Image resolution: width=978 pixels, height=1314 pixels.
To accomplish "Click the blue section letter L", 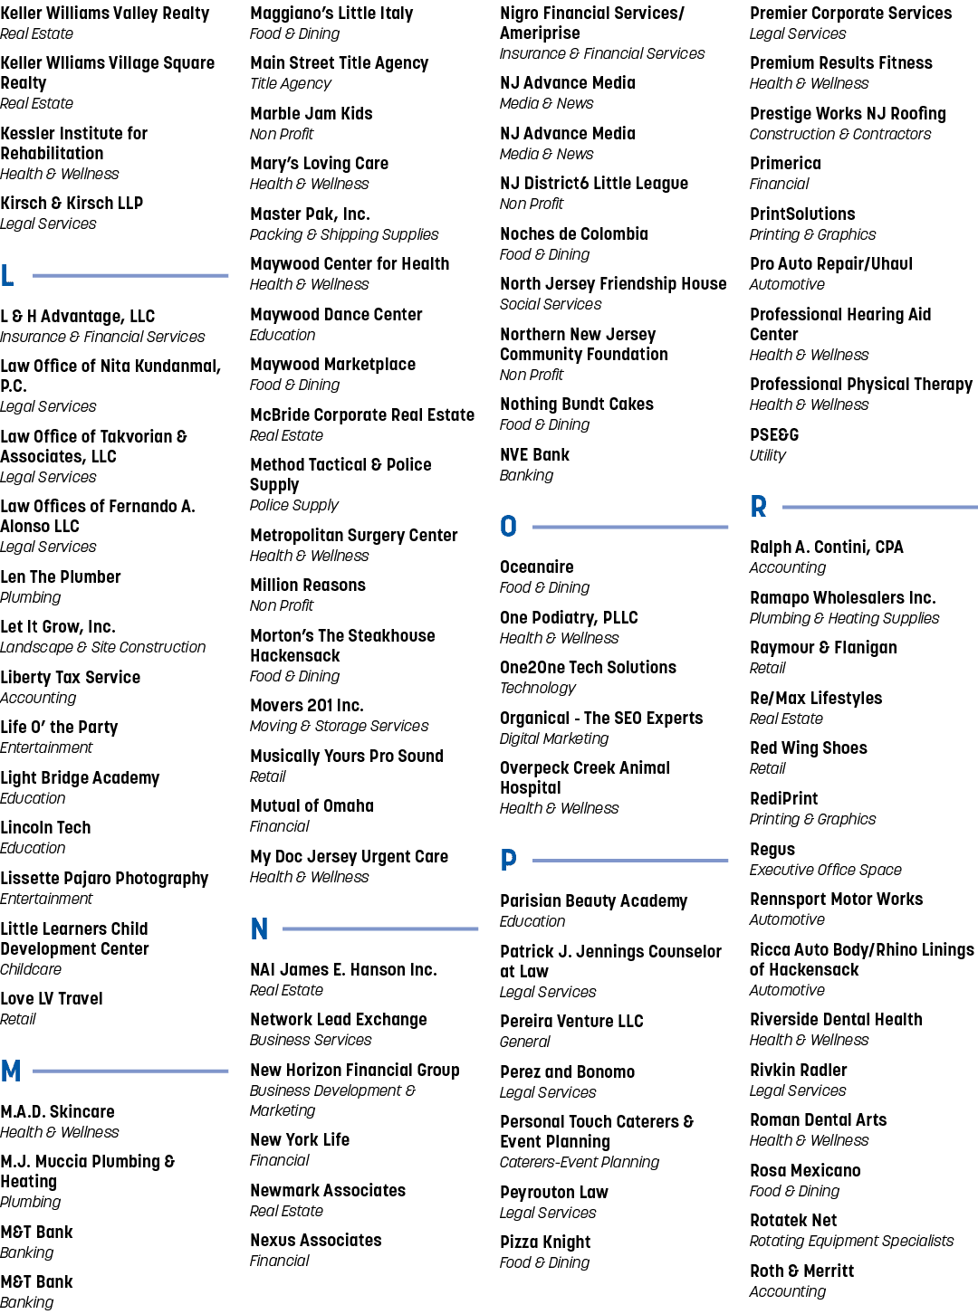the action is tap(7, 275).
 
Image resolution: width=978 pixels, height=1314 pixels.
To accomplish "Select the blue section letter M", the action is tap(11, 1071).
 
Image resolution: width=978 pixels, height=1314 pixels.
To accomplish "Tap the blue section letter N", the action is tap(259, 928).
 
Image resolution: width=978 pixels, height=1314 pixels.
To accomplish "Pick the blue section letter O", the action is tap(508, 526).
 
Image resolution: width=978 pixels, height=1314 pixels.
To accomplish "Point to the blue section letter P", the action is tap(508, 860).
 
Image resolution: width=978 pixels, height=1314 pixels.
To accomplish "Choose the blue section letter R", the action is tap(758, 507).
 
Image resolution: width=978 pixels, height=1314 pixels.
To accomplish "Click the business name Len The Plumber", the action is tap(61, 576).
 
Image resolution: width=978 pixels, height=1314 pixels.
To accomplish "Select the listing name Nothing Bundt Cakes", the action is tap(577, 404).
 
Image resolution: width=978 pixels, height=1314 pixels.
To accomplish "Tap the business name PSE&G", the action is tap(774, 434).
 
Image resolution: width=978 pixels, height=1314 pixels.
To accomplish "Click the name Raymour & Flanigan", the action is tap(823, 648).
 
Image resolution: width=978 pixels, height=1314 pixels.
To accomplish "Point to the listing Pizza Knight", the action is tap(545, 1242).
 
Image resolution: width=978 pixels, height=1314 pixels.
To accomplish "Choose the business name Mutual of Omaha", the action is tap(312, 805).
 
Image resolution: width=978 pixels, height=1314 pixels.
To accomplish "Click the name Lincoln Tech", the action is tap(45, 827).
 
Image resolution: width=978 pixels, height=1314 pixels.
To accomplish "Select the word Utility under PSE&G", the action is tap(767, 455).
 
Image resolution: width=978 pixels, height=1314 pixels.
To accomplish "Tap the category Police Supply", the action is tap(294, 505).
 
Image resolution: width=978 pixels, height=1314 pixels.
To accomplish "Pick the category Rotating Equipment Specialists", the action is tap(851, 1241).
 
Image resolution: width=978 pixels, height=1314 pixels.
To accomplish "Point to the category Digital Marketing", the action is tap(554, 738).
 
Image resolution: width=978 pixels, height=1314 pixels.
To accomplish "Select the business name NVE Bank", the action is tap(534, 454).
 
